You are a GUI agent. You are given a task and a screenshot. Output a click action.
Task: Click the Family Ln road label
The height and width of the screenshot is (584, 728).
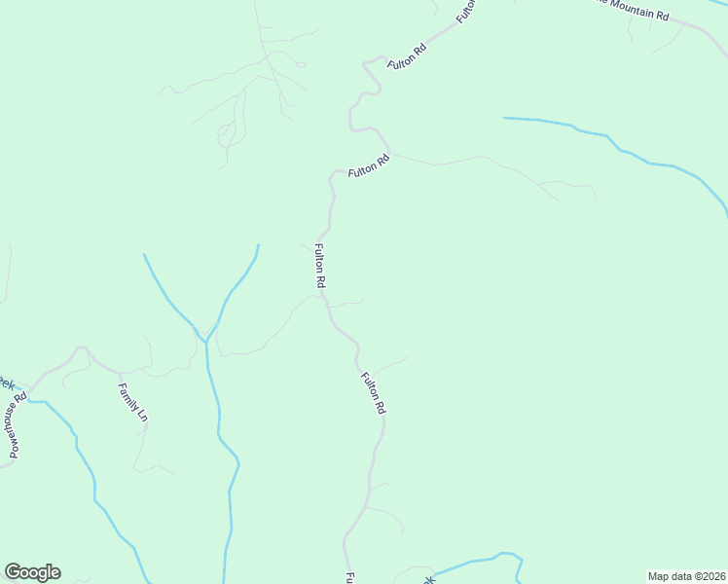(133, 402)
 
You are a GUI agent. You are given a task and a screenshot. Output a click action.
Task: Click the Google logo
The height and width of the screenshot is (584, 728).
(32, 572)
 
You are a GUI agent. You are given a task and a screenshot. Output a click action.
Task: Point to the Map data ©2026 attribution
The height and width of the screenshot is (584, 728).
(687, 575)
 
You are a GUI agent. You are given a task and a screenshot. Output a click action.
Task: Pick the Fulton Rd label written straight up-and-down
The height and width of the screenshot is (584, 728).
(318, 265)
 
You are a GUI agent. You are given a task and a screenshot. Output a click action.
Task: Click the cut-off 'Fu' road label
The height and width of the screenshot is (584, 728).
(347, 577)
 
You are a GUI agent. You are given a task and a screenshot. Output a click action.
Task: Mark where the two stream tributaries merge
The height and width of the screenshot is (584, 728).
(207, 341)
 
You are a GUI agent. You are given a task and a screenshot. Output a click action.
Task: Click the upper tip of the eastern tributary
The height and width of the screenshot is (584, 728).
(258, 245)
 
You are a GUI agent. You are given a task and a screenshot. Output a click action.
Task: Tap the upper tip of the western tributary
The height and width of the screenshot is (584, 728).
(144, 255)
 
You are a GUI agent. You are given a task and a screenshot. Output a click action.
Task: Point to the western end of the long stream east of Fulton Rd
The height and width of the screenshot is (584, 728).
(504, 118)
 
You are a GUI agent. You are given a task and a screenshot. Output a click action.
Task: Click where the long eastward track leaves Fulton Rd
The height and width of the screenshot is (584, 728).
(391, 153)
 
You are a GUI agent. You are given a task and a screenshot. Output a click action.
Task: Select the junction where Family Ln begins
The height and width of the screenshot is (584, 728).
(119, 373)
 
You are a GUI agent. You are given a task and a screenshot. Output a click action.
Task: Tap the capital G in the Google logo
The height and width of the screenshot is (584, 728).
(13, 572)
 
